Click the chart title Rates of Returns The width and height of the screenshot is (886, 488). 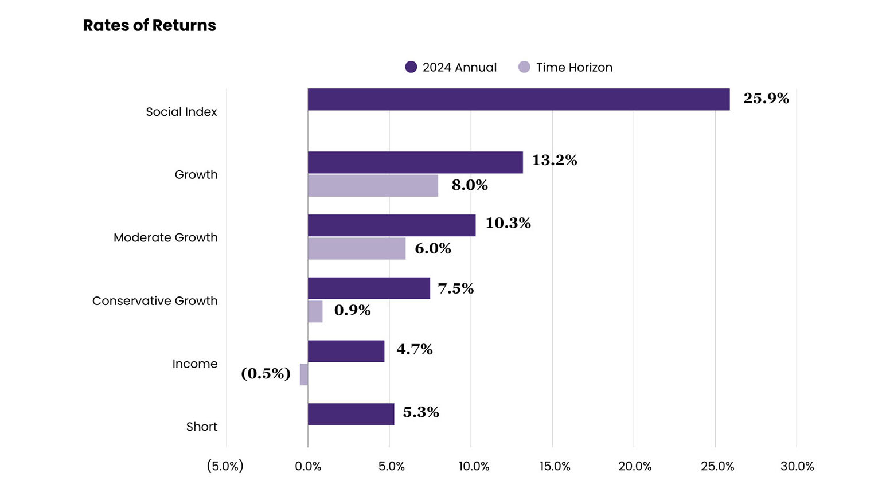coord(149,25)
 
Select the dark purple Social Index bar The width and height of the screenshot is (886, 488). coord(518,99)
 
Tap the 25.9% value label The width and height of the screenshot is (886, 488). coord(766,99)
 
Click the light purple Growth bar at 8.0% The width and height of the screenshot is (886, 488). coord(373,186)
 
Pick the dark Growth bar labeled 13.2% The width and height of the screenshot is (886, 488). coord(415,162)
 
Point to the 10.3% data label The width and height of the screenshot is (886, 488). coord(508,223)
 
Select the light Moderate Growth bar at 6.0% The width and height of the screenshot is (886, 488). coord(357,249)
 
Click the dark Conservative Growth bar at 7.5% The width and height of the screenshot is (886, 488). coord(369,288)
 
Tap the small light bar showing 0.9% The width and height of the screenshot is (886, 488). coord(315,311)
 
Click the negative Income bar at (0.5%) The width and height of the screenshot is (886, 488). coord(304,374)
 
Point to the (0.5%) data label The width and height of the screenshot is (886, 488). coord(266,374)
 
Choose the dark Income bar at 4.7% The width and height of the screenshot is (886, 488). coord(346,351)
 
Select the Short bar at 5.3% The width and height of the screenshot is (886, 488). coord(351,414)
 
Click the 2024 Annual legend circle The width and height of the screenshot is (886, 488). coord(411,67)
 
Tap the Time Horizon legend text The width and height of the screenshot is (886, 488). coord(574,67)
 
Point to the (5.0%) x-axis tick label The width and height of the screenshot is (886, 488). coord(225,466)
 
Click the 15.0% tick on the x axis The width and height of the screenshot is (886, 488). coord(555,466)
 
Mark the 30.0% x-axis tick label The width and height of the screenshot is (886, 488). coord(797,466)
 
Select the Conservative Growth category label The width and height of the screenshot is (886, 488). coord(155,300)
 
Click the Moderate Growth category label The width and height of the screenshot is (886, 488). coord(165,237)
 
